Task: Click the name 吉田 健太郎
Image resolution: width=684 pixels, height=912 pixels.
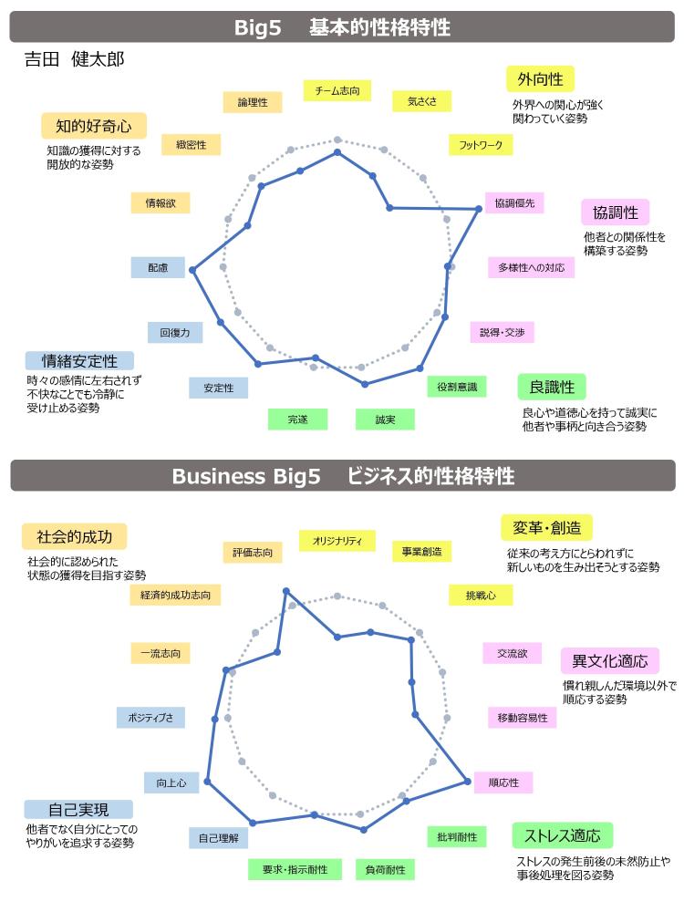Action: [x=75, y=58]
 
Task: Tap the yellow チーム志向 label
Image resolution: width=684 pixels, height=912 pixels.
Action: [x=337, y=90]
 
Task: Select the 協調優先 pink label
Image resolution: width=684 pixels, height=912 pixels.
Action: [x=514, y=203]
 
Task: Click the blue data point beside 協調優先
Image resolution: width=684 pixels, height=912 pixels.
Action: [x=479, y=209]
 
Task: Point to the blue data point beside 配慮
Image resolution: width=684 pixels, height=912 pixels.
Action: [x=193, y=270]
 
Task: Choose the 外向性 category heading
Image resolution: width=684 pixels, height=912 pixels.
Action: [x=540, y=79]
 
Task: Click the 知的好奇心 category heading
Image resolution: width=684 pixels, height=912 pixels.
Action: [x=94, y=126]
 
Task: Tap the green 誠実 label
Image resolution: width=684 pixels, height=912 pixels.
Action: [x=385, y=420]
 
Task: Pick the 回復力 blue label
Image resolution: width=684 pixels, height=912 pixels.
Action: [x=175, y=333]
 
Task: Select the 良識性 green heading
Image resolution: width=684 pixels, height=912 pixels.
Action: [x=552, y=387]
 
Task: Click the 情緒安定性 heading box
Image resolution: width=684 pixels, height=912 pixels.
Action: [x=79, y=360]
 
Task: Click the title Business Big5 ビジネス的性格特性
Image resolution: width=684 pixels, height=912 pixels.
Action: [x=343, y=476]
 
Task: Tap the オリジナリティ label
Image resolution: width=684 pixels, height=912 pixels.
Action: [x=337, y=541]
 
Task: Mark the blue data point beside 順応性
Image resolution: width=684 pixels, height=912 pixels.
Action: [x=467, y=782]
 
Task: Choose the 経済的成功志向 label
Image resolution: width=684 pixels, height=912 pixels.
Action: [x=176, y=595]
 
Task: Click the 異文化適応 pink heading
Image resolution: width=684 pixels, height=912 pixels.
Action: [x=609, y=660]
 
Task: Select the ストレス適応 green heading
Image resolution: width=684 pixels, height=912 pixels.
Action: [x=563, y=835]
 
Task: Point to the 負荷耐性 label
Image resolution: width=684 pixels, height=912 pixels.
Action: [x=385, y=869]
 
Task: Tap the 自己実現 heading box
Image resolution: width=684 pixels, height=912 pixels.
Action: [x=78, y=809]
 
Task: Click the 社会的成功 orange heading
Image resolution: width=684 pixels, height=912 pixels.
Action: [x=75, y=536]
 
